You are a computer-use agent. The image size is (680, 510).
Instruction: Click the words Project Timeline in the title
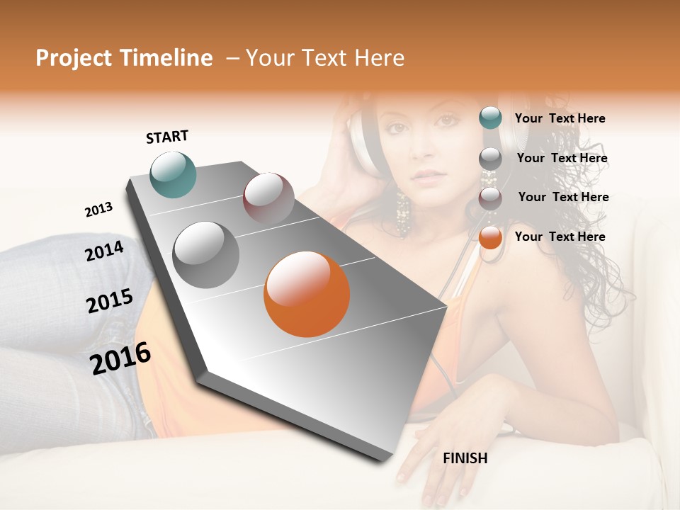[x=124, y=58]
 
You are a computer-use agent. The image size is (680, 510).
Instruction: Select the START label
[x=167, y=137]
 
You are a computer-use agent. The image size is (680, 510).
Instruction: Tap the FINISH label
[x=465, y=458]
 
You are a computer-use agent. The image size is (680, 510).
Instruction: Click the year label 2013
[x=98, y=209]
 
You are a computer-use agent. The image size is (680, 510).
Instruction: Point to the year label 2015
[x=110, y=301]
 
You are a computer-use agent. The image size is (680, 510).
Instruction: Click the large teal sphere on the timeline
[x=173, y=174]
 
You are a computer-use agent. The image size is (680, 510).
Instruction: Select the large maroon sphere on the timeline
[x=268, y=198]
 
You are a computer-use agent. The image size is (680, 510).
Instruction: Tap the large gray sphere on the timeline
[x=206, y=254]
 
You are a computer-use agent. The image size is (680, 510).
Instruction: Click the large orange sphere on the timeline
[x=307, y=294]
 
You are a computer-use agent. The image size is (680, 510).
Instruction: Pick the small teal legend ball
[x=490, y=118]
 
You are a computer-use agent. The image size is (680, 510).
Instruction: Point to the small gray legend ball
[x=490, y=159]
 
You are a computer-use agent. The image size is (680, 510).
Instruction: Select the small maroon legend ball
[x=490, y=198]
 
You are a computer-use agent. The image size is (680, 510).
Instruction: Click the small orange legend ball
[x=490, y=238]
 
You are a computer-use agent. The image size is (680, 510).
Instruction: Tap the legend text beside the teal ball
[x=560, y=118]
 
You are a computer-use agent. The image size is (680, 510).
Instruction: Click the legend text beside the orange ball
[x=560, y=237]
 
